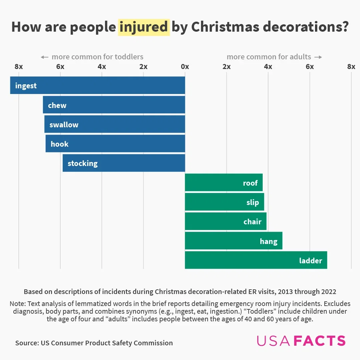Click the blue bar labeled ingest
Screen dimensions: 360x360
pos(97,85)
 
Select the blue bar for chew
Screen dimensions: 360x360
pos(114,105)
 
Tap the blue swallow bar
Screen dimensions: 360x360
pos(115,124)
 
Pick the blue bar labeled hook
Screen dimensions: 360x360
pos(115,144)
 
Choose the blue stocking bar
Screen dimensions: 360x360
pos(124,163)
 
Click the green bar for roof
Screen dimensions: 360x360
pos(224,183)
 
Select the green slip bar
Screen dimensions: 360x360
pos(224,202)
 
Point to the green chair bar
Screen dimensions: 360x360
pos(226,221)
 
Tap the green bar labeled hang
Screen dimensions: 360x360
pos(233,241)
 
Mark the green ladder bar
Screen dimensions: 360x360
pos(256,260)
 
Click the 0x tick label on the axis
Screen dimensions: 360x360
pos(185,67)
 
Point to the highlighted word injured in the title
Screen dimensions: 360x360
pos(144,27)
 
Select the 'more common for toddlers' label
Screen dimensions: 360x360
pos(97,57)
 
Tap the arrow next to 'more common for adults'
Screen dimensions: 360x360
pos(318,57)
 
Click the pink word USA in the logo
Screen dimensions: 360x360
pos(274,341)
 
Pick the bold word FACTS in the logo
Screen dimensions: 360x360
pos(320,341)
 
